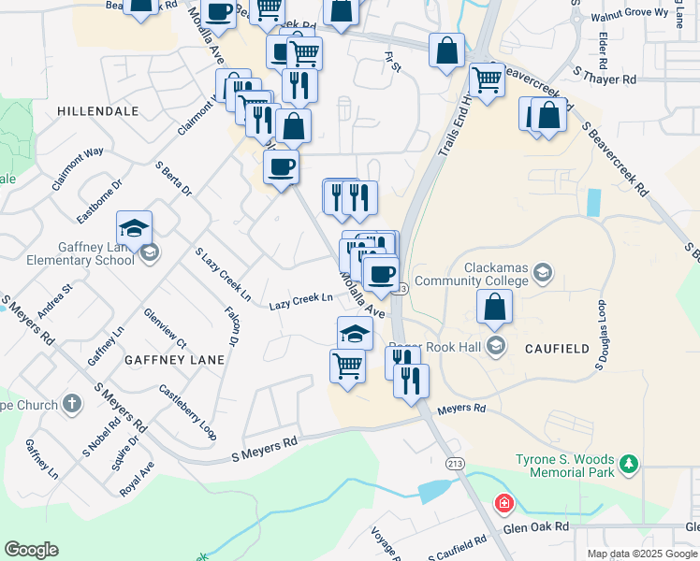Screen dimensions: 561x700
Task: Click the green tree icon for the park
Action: [x=630, y=462]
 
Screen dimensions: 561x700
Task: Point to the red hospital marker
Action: [x=504, y=505]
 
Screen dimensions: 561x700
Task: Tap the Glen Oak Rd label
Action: [x=536, y=527]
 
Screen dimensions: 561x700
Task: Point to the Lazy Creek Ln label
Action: [x=301, y=301]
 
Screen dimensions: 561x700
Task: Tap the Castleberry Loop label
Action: [x=187, y=412]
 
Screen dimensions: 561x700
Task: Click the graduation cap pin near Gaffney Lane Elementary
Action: [x=135, y=227]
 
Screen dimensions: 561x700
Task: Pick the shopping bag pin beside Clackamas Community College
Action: [x=494, y=306]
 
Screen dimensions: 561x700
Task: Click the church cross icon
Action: [x=73, y=405]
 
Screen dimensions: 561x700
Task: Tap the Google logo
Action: [x=31, y=550]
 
